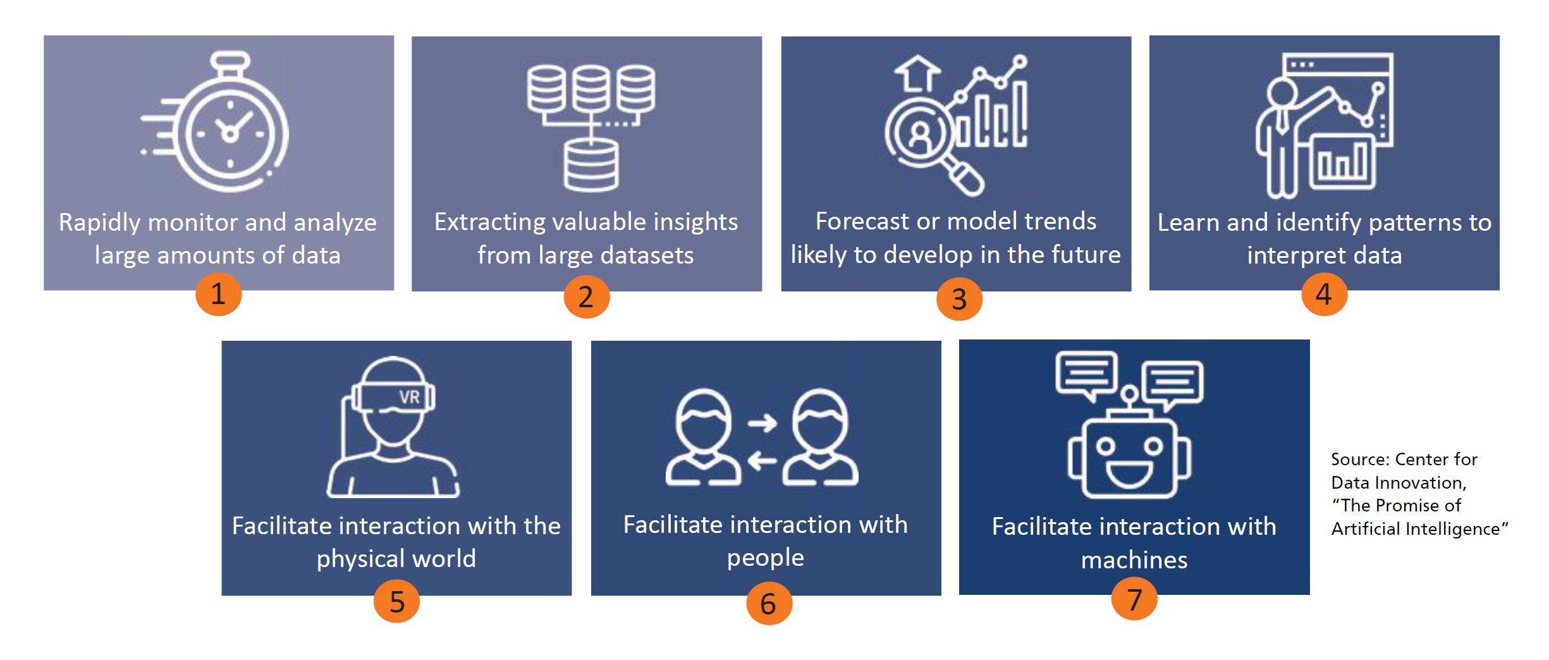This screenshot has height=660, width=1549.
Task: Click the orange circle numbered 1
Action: click(x=218, y=294)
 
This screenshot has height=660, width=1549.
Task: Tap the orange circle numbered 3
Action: click(x=959, y=299)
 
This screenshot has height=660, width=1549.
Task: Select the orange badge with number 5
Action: click(x=396, y=602)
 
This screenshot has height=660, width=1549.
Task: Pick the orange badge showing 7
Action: click(x=1134, y=599)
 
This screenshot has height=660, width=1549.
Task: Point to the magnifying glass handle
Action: click(x=962, y=176)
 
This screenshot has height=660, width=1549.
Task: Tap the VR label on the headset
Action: click(x=409, y=397)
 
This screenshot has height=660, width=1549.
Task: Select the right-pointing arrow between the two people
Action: click(x=762, y=423)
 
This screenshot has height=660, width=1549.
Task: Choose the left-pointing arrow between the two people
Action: click(x=762, y=461)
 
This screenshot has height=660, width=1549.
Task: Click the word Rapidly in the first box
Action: click(x=99, y=223)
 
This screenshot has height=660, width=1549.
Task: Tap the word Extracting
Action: click(x=489, y=223)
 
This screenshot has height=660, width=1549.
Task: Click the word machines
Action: click(x=1134, y=561)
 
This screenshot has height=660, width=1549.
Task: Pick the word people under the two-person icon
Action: click(x=765, y=558)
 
